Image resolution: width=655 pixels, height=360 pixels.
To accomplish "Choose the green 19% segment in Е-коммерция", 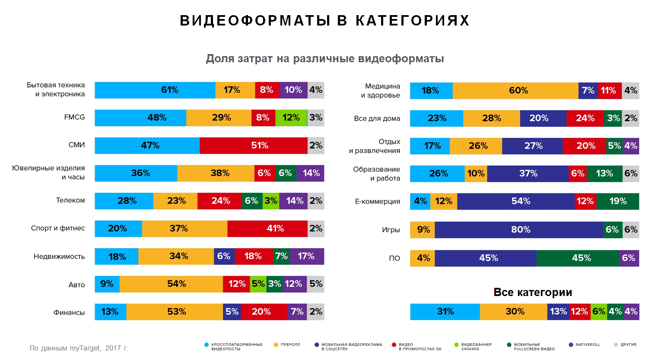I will tap(617, 201).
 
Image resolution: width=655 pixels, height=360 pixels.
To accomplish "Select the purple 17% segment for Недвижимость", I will tap(307, 256).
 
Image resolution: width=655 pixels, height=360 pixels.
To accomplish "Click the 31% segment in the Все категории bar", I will tap(445, 312).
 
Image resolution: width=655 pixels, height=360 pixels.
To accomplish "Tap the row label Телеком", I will tap(70, 201).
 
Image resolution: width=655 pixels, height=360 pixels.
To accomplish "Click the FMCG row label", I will tap(74, 117).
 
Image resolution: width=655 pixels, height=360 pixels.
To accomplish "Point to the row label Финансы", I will tap(69, 312).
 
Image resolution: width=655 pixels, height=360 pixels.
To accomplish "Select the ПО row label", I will tap(394, 258).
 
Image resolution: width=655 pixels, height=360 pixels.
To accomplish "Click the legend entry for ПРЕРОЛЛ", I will tap(290, 344).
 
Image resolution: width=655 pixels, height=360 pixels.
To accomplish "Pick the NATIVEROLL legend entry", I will tap(587, 344).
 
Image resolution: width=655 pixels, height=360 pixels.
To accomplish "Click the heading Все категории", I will tap(533, 293).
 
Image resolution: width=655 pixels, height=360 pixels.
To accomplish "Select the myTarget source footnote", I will tap(79, 348).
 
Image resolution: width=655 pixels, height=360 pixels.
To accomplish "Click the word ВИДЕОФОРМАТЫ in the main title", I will tap(255, 20).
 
